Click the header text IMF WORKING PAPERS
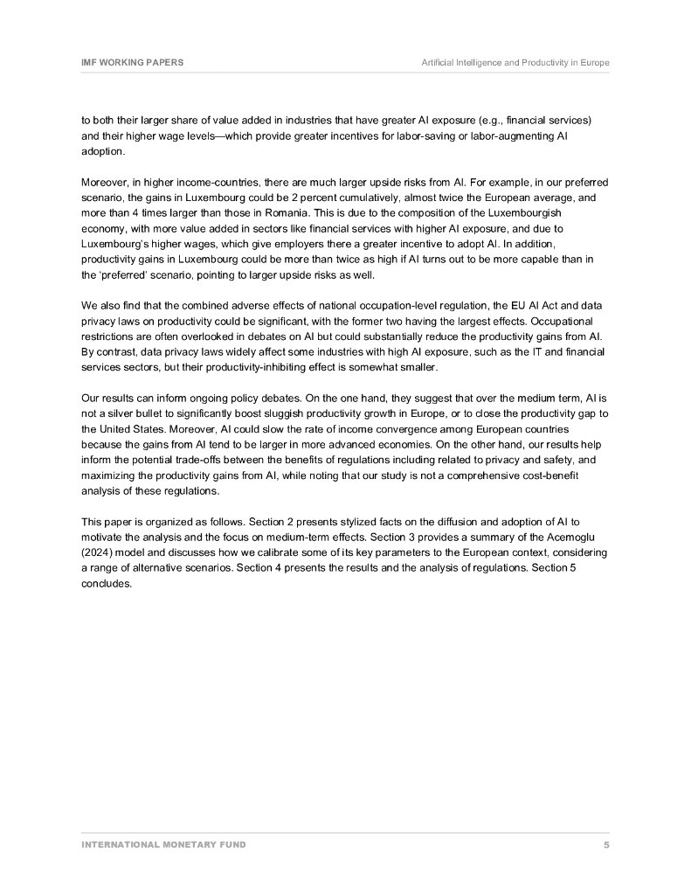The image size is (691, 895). click(x=133, y=63)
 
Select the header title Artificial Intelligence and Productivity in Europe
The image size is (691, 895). click(x=515, y=63)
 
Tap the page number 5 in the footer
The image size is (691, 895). click(x=606, y=844)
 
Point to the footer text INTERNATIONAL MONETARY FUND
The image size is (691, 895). click(x=163, y=844)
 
